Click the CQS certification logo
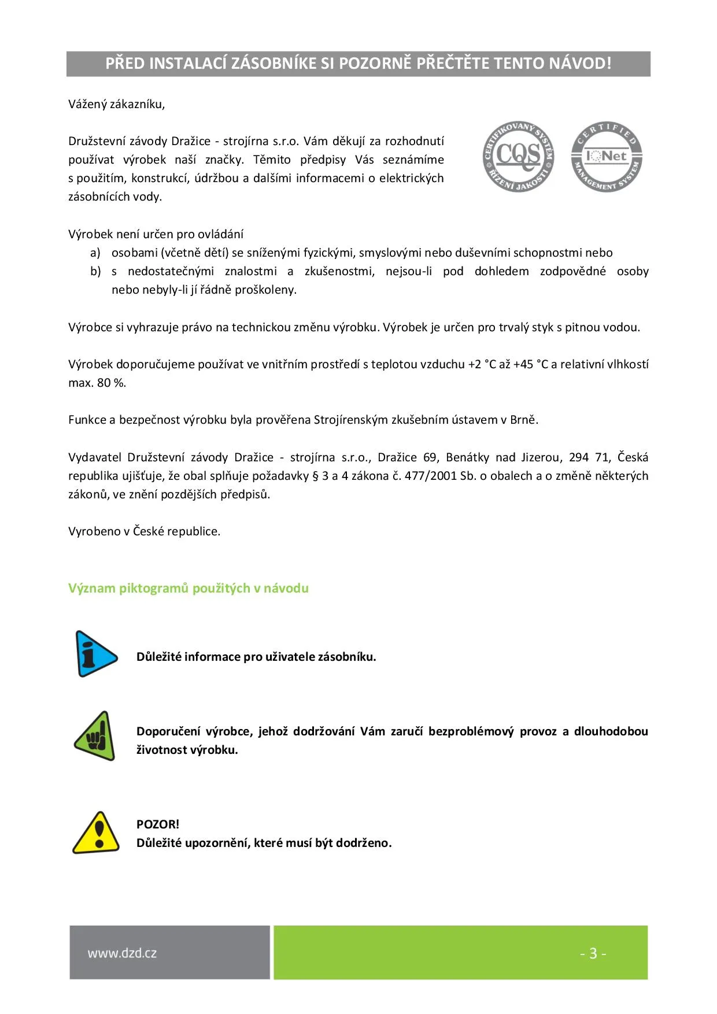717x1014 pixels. tap(518, 156)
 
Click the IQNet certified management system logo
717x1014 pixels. tap(607, 156)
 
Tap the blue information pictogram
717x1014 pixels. tap(95, 654)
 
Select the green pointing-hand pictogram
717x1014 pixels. tap(95, 736)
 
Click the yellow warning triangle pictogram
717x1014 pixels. tap(96, 833)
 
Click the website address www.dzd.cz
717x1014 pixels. tap(122, 953)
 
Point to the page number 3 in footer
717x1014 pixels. tap(593, 953)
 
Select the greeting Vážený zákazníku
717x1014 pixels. tap(117, 104)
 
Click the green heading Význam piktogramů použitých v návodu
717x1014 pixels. tap(189, 588)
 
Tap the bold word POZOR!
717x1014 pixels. tap(158, 824)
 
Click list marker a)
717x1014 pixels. tap(95, 253)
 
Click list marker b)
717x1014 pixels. tap(95, 271)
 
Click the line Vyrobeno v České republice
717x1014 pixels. tap(145, 531)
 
